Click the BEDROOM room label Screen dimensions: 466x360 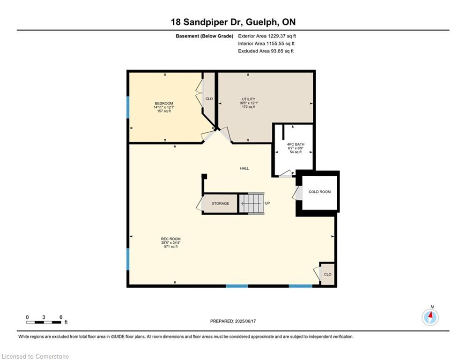tap(164, 103)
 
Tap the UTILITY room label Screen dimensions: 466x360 tap(248, 99)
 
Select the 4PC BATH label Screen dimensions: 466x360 tap(296, 144)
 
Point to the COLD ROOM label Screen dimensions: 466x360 tap(319, 192)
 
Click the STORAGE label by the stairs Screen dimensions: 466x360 tap(220, 203)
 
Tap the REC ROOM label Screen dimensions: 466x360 tap(170, 239)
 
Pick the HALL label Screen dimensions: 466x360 tap(244, 168)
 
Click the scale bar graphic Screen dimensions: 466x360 tap(44, 322)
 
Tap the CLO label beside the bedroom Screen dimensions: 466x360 tap(209, 99)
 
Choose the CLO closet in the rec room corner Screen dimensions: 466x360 tap(327, 274)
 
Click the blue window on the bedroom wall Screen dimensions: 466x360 tap(128, 107)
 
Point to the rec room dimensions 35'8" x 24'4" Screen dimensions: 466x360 tap(170, 243)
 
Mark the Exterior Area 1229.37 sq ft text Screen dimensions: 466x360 tap(267, 36)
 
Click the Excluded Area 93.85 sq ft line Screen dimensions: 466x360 tap(266, 51)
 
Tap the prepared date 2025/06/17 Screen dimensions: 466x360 tap(245, 321)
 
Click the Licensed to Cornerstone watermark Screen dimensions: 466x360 tap(35, 356)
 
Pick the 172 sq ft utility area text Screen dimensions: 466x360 tap(248, 107)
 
